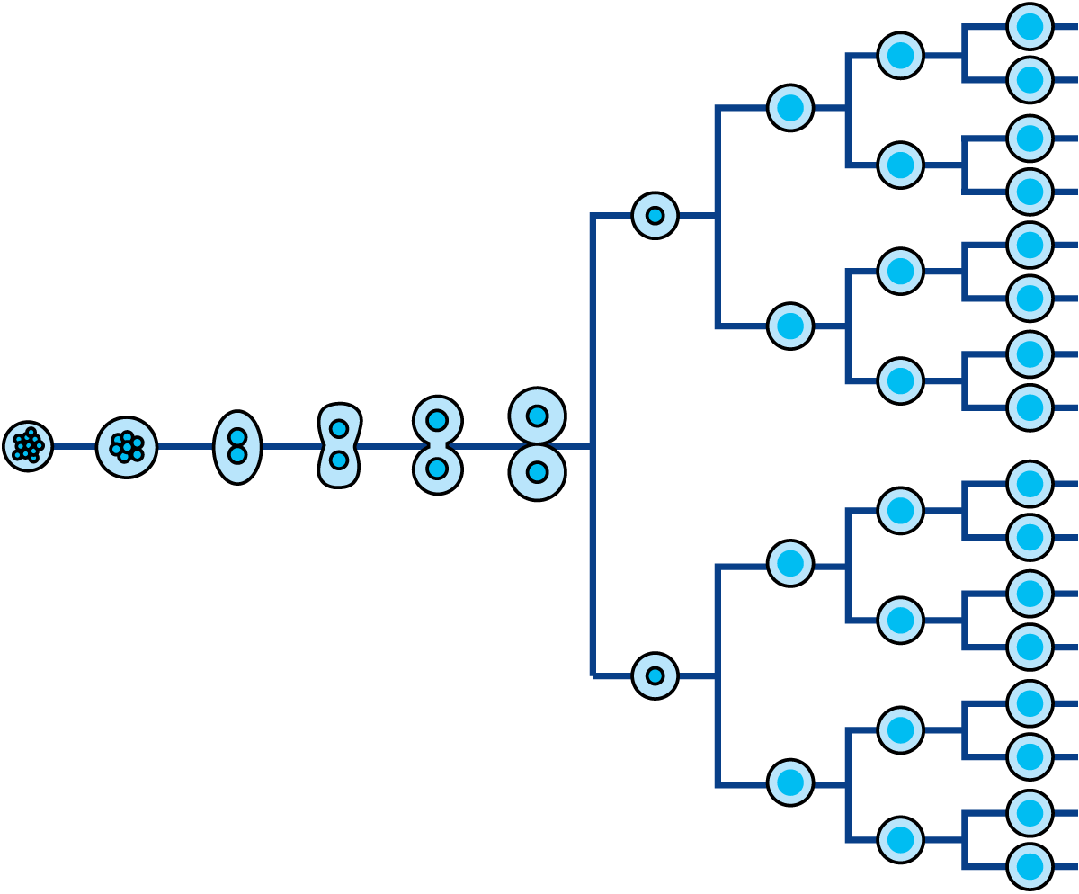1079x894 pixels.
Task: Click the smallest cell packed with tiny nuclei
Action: (x=28, y=446)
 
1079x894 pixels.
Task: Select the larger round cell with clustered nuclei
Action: (x=127, y=447)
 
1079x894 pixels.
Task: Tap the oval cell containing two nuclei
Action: (x=237, y=447)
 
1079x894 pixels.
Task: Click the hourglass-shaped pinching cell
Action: (x=339, y=446)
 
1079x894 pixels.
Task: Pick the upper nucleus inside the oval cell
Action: (x=237, y=437)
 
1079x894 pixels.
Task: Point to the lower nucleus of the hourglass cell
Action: (x=339, y=460)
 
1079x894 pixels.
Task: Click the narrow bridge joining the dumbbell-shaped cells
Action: (x=438, y=445)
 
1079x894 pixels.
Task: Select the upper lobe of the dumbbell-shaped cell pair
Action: (x=438, y=420)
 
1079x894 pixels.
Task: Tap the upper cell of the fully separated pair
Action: (x=538, y=416)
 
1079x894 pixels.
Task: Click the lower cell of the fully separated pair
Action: (x=538, y=473)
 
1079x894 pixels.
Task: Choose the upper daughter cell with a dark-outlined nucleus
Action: (x=655, y=216)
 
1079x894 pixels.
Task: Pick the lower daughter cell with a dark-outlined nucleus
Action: (x=655, y=675)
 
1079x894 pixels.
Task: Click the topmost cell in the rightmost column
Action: (x=1030, y=27)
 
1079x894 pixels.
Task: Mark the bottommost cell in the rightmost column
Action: (x=1030, y=866)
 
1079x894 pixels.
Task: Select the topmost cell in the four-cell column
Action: (x=790, y=108)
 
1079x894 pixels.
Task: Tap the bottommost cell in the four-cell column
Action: (x=790, y=782)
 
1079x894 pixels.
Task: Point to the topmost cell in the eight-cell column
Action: (x=901, y=56)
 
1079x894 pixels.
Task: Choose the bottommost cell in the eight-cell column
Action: (x=901, y=839)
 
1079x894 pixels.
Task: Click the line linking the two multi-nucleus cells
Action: (x=74, y=446)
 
